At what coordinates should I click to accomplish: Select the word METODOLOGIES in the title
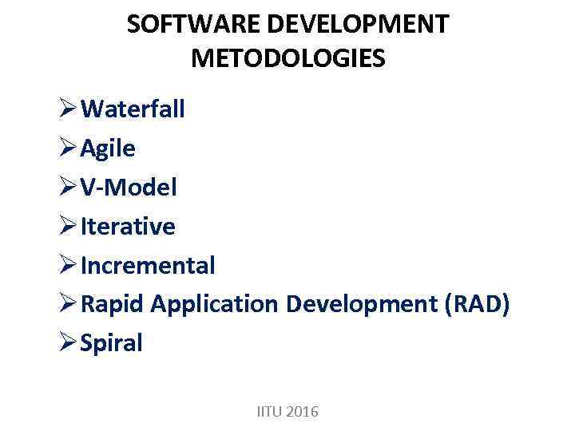(x=288, y=58)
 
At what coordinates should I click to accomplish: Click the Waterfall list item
(x=133, y=109)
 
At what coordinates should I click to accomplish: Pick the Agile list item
(x=108, y=148)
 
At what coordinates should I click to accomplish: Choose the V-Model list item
(x=129, y=187)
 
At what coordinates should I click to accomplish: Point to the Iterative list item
(x=128, y=226)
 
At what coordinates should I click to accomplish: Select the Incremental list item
(x=148, y=265)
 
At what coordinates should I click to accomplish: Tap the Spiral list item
(x=112, y=343)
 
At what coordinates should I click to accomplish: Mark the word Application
(x=214, y=304)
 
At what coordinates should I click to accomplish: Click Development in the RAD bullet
(x=361, y=304)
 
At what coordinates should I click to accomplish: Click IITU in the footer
(x=269, y=412)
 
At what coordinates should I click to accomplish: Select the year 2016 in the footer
(x=302, y=412)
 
